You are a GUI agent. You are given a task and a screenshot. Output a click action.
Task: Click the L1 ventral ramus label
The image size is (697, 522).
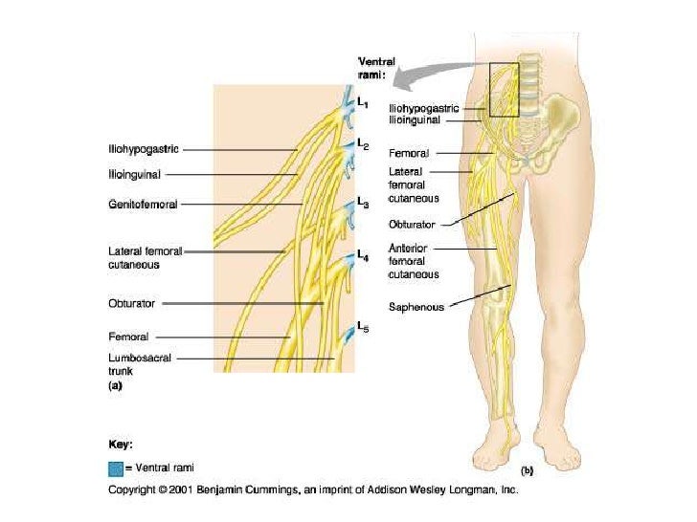click(363, 102)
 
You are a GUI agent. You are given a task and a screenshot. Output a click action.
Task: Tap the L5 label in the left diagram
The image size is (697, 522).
click(363, 328)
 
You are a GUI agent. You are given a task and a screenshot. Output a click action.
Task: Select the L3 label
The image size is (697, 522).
click(363, 203)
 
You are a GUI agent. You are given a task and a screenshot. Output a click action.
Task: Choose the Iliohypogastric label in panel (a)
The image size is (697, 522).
click(143, 149)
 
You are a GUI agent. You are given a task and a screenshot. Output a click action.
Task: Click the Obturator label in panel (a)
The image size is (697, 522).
click(131, 303)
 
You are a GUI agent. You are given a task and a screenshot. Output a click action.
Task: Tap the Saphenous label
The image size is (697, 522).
click(416, 307)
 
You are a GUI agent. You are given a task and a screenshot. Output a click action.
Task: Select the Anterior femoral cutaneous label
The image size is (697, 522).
click(414, 261)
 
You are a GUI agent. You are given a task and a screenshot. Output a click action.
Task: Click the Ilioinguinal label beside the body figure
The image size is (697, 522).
click(415, 120)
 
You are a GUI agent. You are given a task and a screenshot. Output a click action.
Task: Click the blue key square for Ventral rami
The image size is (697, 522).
click(116, 468)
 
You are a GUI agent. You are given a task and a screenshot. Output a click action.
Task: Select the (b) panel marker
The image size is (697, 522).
click(528, 470)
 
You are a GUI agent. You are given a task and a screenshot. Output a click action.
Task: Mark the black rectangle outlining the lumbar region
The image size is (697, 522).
click(504, 90)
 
